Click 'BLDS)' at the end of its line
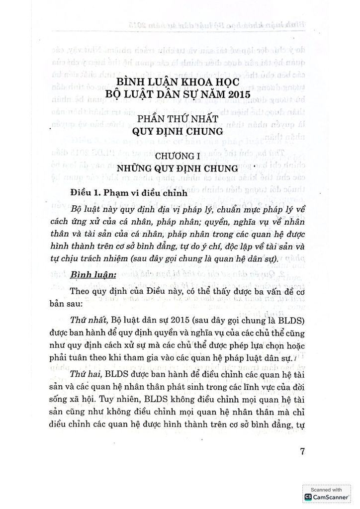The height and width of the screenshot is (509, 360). (x=290, y=319)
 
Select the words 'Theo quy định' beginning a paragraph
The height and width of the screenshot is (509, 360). (x=97, y=291)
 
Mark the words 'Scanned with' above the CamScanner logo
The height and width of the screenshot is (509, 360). (x=327, y=489)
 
